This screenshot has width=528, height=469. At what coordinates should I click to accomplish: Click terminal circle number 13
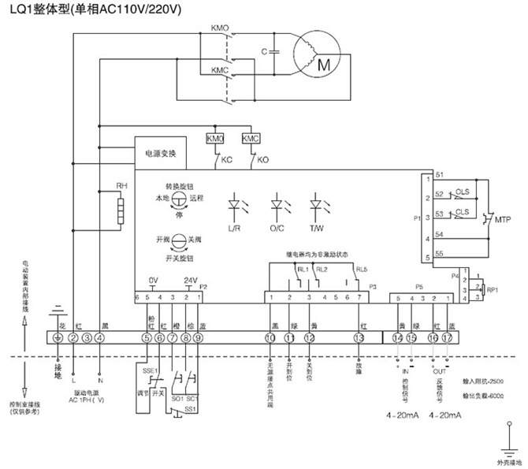click(x=359, y=338)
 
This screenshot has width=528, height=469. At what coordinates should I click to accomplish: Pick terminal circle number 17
click(x=448, y=338)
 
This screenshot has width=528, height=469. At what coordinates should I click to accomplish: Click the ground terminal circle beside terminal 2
click(x=57, y=338)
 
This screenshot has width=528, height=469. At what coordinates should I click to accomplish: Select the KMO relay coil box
click(x=214, y=138)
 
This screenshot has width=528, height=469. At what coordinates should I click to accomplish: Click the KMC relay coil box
click(x=250, y=138)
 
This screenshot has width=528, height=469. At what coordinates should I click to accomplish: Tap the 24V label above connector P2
click(x=188, y=281)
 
